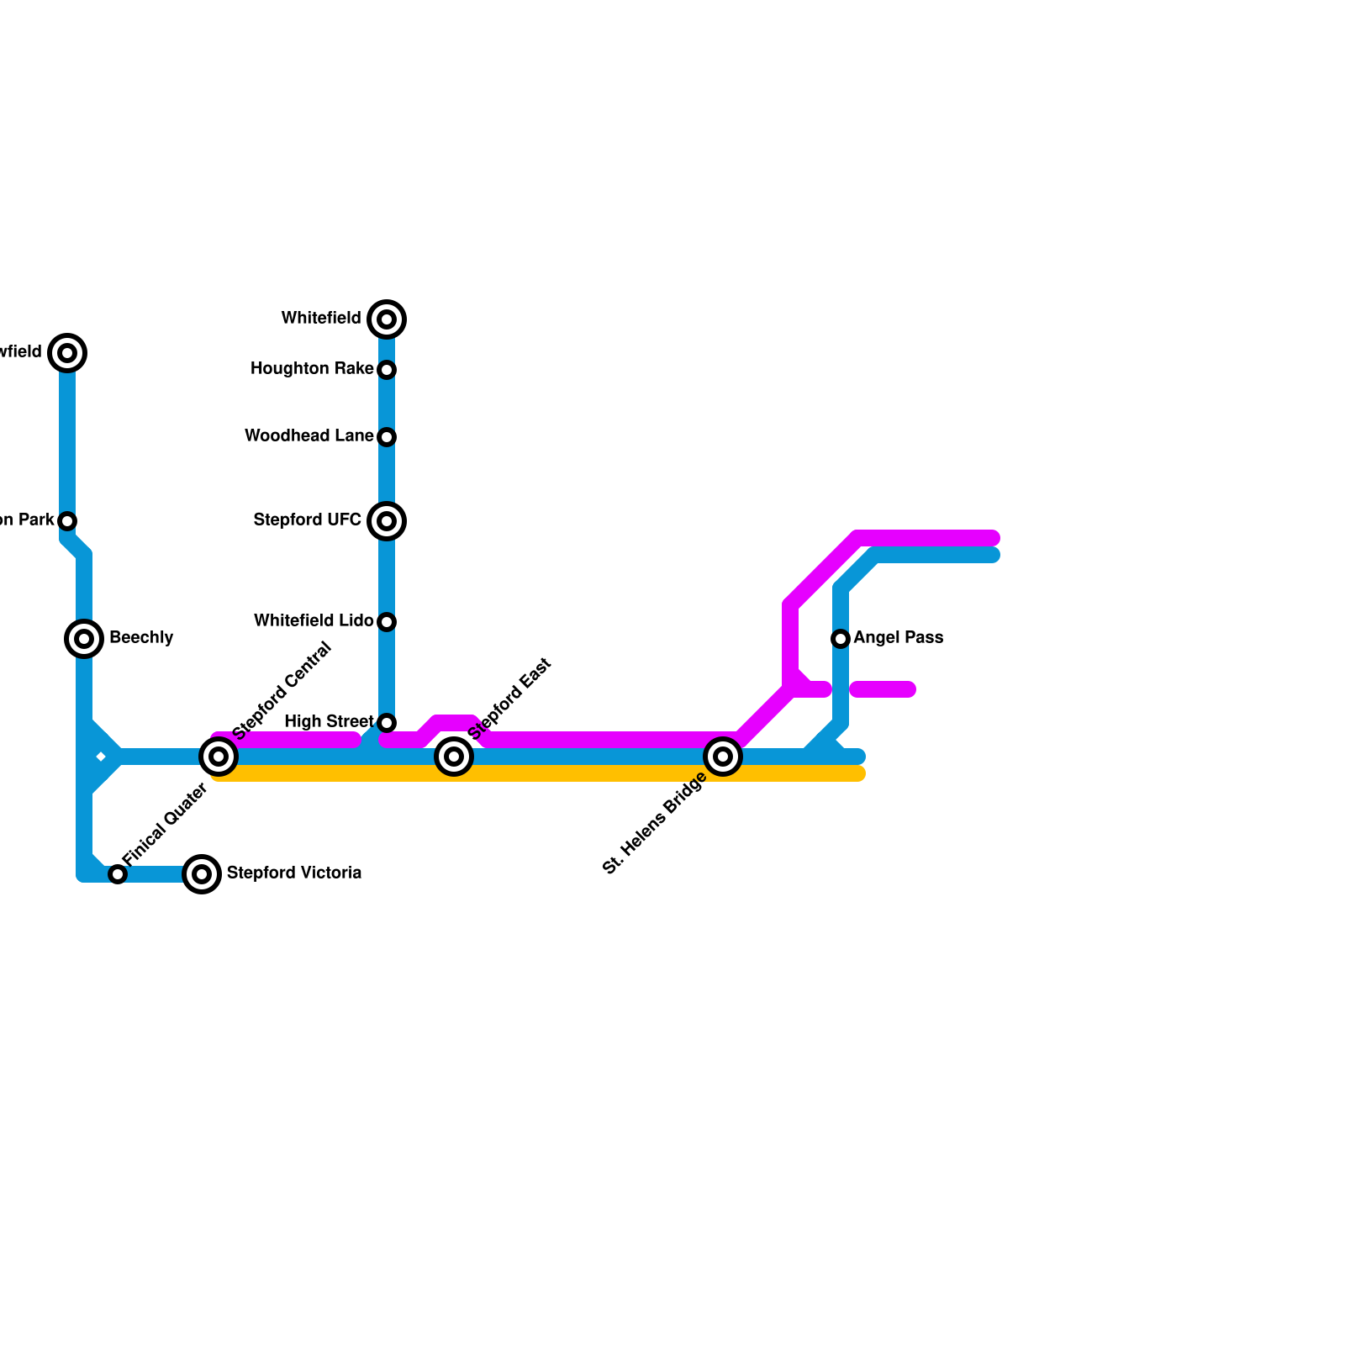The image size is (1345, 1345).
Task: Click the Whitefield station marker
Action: tap(387, 319)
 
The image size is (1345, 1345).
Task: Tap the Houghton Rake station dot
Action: tap(387, 370)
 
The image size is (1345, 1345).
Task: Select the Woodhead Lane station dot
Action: tap(387, 437)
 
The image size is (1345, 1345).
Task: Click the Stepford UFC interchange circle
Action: tap(387, 521)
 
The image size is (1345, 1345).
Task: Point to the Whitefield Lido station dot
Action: tap(387, 622)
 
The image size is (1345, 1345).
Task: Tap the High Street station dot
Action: tap(387, 723)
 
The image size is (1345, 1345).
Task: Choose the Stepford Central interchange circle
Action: tap(219, 757)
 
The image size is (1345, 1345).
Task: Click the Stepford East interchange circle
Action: tap(454, 757)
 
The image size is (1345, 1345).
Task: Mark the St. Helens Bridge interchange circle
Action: tap(723, 757)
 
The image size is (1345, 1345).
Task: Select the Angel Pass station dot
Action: tap(841, 639)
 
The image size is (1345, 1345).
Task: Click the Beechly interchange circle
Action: tap(84, 639)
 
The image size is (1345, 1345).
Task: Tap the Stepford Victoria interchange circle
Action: tap(202, 874)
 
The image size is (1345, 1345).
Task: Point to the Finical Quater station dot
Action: tap(118, 874)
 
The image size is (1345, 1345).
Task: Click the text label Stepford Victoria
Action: tap(294, 873)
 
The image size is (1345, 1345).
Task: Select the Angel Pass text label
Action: tap(898, 637)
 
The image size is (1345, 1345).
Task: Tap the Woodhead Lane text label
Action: tap(309, 435)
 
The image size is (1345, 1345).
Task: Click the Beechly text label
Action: tap(141, 637)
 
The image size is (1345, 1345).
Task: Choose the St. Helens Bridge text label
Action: tap(655, 824)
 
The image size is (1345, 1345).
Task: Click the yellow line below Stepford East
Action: tap(454, 773)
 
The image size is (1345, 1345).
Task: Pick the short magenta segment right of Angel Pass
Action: tap(883, 689)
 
